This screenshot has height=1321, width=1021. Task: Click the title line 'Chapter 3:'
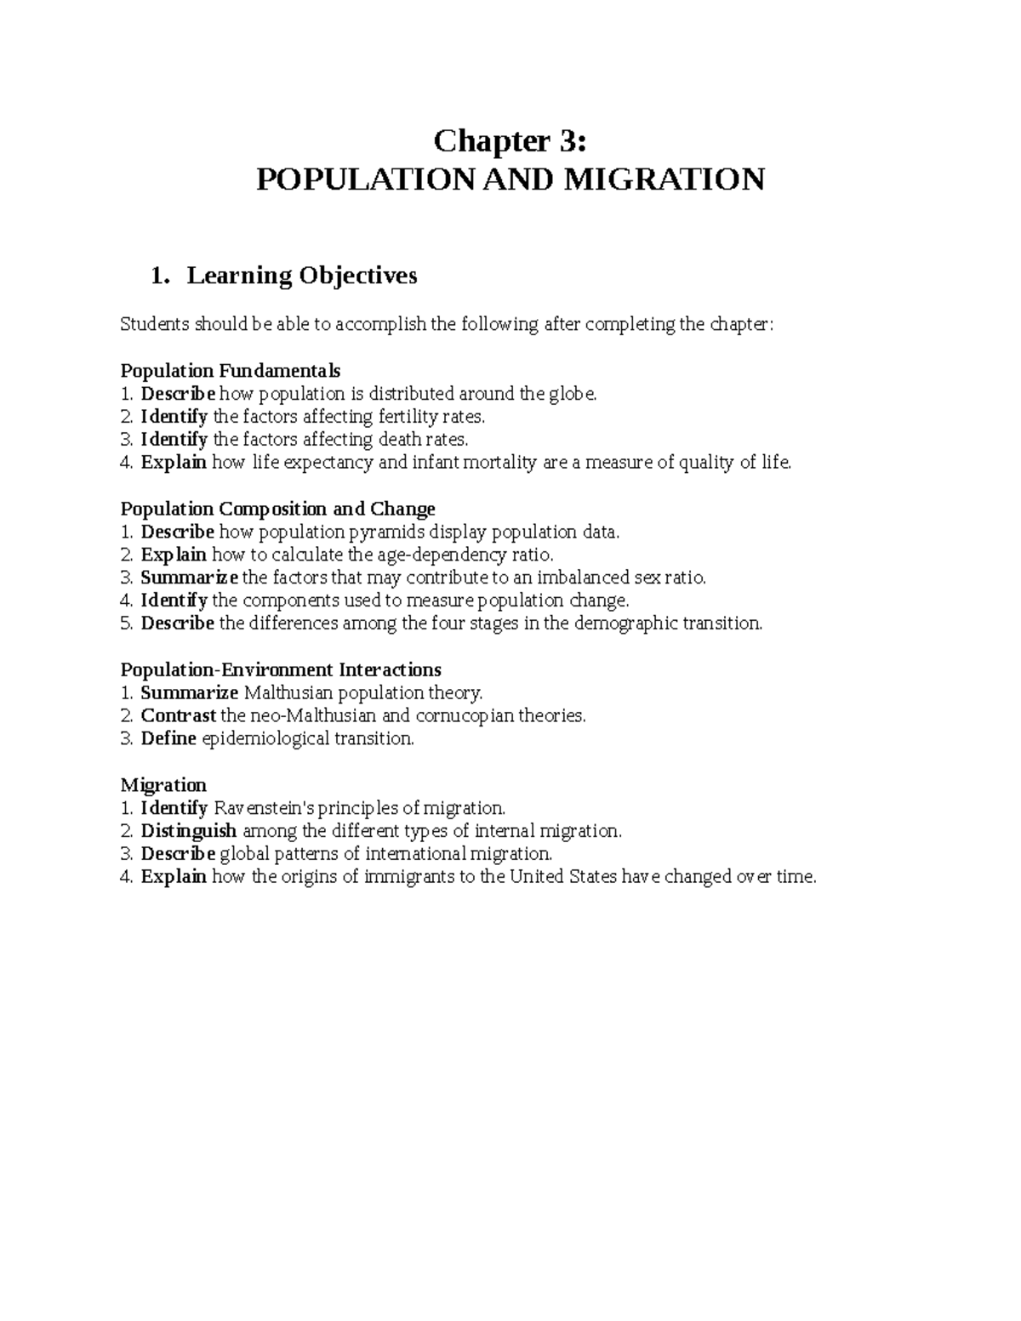(510, 140)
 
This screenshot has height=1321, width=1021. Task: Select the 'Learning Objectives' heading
(302, 276)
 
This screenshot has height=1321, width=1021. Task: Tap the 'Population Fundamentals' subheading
(230, 371)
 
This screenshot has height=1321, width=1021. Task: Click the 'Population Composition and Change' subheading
(277, 509)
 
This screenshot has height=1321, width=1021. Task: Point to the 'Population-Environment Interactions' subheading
(281, 669)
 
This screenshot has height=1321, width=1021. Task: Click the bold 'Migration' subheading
(163, 784)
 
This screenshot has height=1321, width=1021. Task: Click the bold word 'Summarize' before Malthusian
(189, 692)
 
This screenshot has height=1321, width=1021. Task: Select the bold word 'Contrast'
(178, 715)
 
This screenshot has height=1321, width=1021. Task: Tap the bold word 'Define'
(168, 738)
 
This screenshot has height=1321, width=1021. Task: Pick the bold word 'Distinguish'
(188, 830)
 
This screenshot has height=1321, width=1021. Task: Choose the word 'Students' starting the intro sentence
(155, 324)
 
